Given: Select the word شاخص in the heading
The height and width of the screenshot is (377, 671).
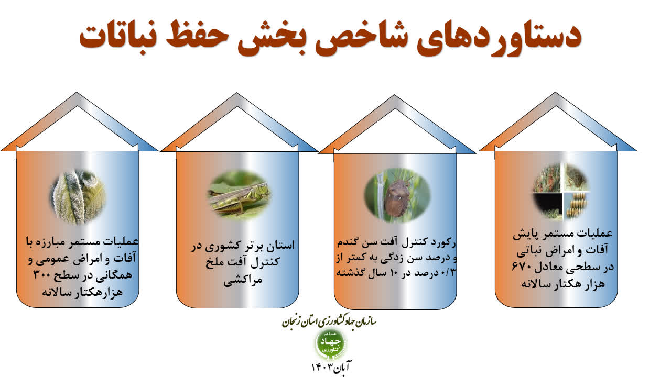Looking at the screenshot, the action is click(x=361, y=37).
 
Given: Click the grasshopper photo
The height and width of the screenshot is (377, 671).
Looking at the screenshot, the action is click(x=240, y=195).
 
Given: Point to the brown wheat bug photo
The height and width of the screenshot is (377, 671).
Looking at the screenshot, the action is click(x=397, y=194).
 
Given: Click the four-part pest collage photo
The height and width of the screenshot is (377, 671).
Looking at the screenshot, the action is click(x=560, y=192).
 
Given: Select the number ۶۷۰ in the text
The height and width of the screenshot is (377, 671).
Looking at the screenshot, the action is click(x=521, y=266).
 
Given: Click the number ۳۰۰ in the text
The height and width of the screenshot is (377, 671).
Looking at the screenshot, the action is click(x=43, y=274).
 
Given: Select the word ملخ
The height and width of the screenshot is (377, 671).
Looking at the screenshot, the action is click(x=215, y=262).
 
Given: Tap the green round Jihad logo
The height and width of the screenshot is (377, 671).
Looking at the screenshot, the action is click(x=331, y=345).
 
